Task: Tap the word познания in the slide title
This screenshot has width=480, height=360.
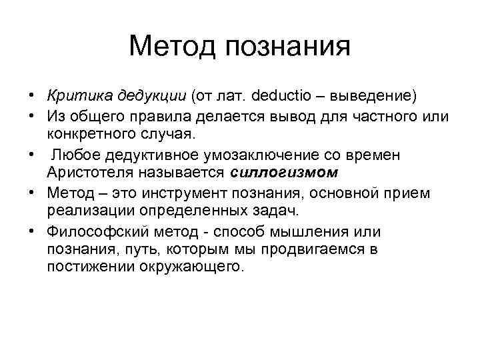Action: tap(287, 47)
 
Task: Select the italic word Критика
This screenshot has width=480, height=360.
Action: tap(73, 96)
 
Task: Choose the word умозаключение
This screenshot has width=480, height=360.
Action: tap(250, 155)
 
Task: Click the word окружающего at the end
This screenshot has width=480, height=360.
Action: tap(199, 267)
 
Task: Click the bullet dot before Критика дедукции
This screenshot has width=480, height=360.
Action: tap(32, 96)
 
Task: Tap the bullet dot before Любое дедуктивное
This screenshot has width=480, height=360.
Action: tap(32, 155)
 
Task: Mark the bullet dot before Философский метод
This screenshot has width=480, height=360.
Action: tap(32, 232)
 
